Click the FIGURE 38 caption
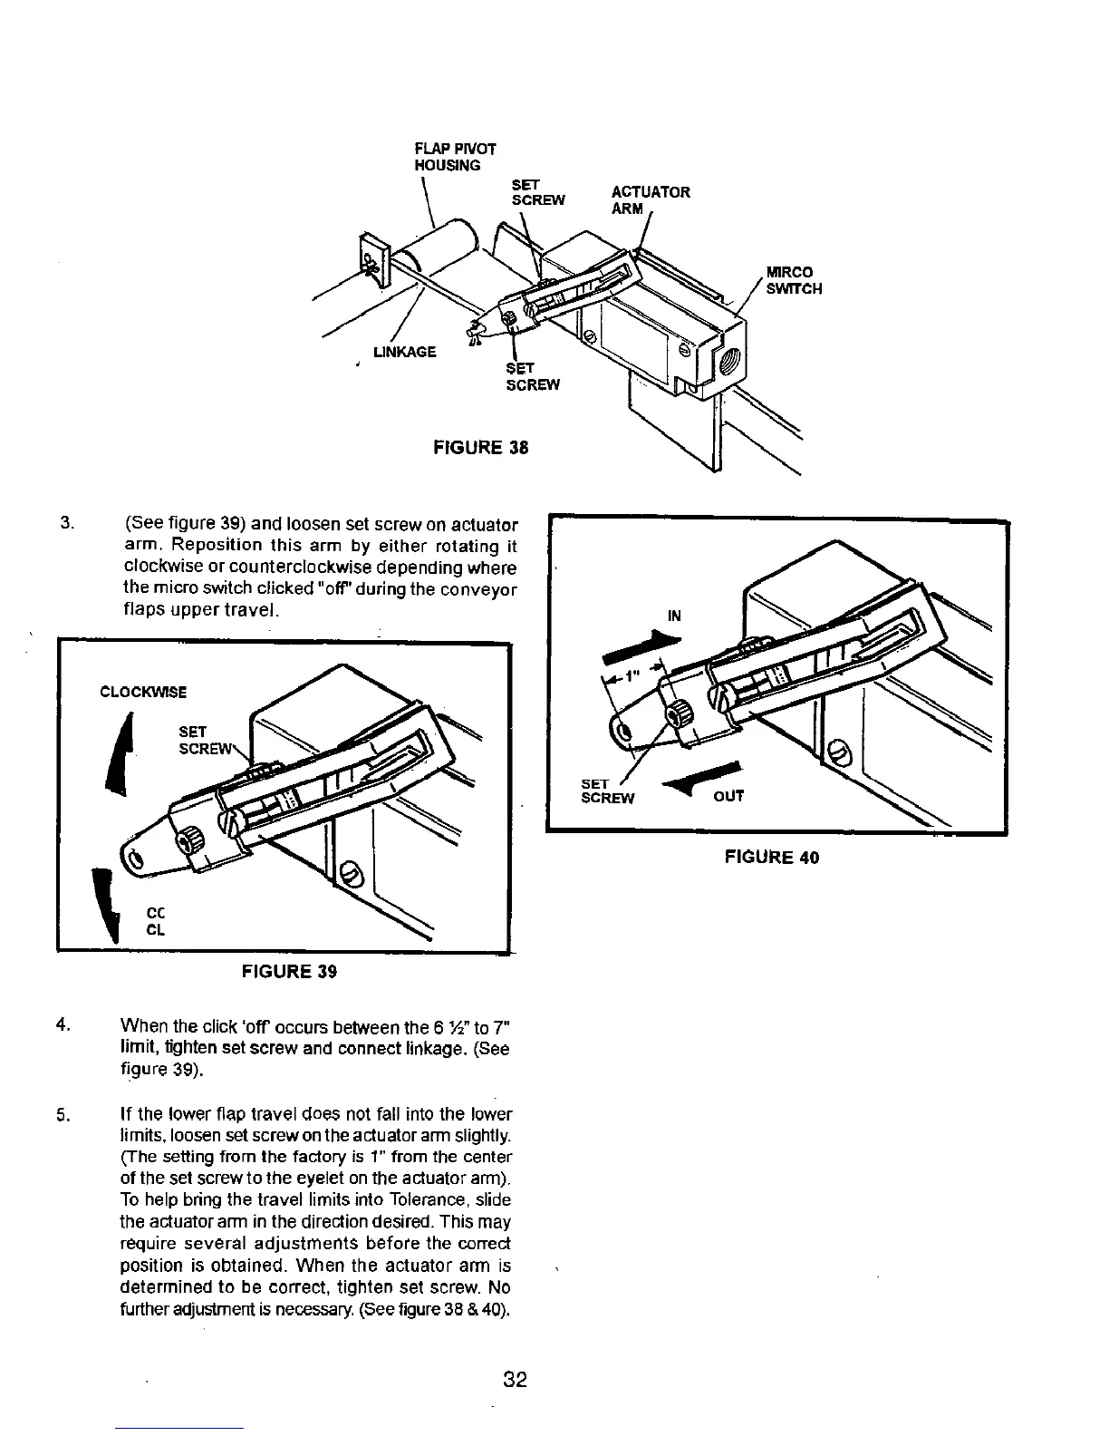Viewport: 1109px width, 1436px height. tap(480, 448)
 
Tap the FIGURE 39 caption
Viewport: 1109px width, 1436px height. tap(289, 972)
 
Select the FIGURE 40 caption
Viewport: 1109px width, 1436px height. tap(771, 857)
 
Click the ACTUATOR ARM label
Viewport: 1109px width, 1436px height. tap(650, 199)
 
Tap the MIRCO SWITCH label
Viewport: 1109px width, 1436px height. tap(794, 280)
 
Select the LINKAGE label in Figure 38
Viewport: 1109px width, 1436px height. tap(405, 352)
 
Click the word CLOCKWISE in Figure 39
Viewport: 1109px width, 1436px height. tap(143, 693)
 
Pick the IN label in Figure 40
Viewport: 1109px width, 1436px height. tap(674, 616)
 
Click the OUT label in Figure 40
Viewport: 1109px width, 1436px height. tap(728, 797)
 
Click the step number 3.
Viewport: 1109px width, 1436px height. tap(65, 524)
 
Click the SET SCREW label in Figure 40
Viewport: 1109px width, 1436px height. tap(607, 791)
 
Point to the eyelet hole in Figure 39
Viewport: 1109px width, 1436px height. tap(134, 858)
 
